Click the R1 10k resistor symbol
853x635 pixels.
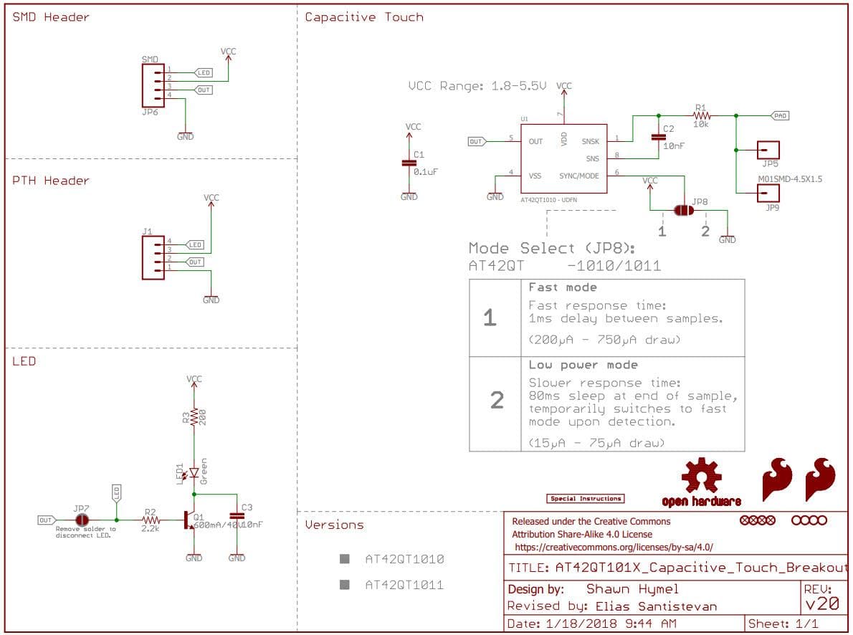pos(701,115)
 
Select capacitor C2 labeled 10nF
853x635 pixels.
pos(657,137)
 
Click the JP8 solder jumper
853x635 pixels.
pos(682,211)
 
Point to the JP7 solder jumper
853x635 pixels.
pos(82,519)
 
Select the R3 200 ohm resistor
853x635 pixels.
pos(194,417)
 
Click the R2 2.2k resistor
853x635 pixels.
pos(150,520)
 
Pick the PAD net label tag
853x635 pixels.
pos(779,115)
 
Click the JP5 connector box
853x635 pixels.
pos(768,150)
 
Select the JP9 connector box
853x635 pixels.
pos(768,193)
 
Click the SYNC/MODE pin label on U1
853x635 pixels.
pos(579,176)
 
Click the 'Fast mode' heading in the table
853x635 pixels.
pos(563,287)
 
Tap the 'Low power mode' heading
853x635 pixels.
pos(573,365)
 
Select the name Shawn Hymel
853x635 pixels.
pos(621,589)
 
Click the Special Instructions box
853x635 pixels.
pos(586,498)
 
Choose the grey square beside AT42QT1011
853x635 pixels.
pos(345,585)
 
